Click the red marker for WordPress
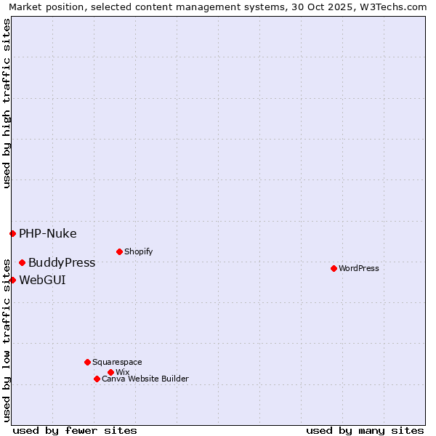pos(334,268)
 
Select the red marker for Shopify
pos(119,251)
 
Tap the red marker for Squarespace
pos(87,362)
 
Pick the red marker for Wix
pos(110,372)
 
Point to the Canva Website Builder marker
pos(97,379)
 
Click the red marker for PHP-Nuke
pos(12,233)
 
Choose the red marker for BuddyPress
pos(22,262)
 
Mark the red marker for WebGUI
pos(12,280)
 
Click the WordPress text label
pos(359,268)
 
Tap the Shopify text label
pos(138,251)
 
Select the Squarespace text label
pos(117,362)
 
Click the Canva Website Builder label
pos(145,379)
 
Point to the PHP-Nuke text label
pos(47,233)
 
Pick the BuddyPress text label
pos(62,262)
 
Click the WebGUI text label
pos(42,280)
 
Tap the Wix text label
pos(122,372)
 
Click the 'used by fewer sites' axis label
pos(75,430)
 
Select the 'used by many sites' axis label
pos(365,430)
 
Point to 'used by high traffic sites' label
pos(7,103)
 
